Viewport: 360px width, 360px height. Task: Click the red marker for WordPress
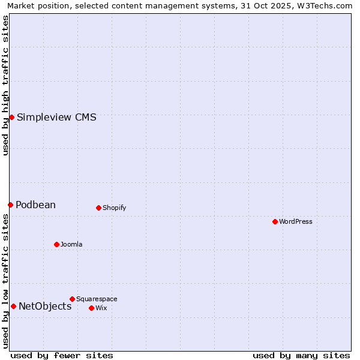(275, 221)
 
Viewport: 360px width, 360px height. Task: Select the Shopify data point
(98, 208)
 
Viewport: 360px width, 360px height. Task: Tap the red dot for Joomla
(56, 244)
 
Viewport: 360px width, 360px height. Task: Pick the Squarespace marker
(72, 299)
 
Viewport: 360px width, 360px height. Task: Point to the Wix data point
(91, 308)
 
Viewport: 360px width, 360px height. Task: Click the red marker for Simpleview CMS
(11, 117)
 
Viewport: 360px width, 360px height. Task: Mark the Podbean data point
(10, 205)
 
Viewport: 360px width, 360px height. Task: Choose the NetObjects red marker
(13, 306)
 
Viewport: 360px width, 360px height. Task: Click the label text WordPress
(296, 221)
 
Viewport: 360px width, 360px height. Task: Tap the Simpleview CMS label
(56, 117)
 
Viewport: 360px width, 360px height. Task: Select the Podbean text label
(35, 205)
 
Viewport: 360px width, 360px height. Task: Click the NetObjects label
(45, 306)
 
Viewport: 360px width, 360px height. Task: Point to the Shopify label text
(114, 208)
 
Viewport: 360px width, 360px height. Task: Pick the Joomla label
(71, 244)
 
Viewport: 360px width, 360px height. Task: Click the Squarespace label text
(97, 299)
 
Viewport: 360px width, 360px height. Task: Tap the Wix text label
(101, 308)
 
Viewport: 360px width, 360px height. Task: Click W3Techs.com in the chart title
(326, 5)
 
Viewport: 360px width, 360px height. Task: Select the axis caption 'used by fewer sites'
(62, 355)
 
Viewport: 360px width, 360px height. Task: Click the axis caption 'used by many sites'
(301, 355)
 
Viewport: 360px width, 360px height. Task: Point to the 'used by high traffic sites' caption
(5, 85)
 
